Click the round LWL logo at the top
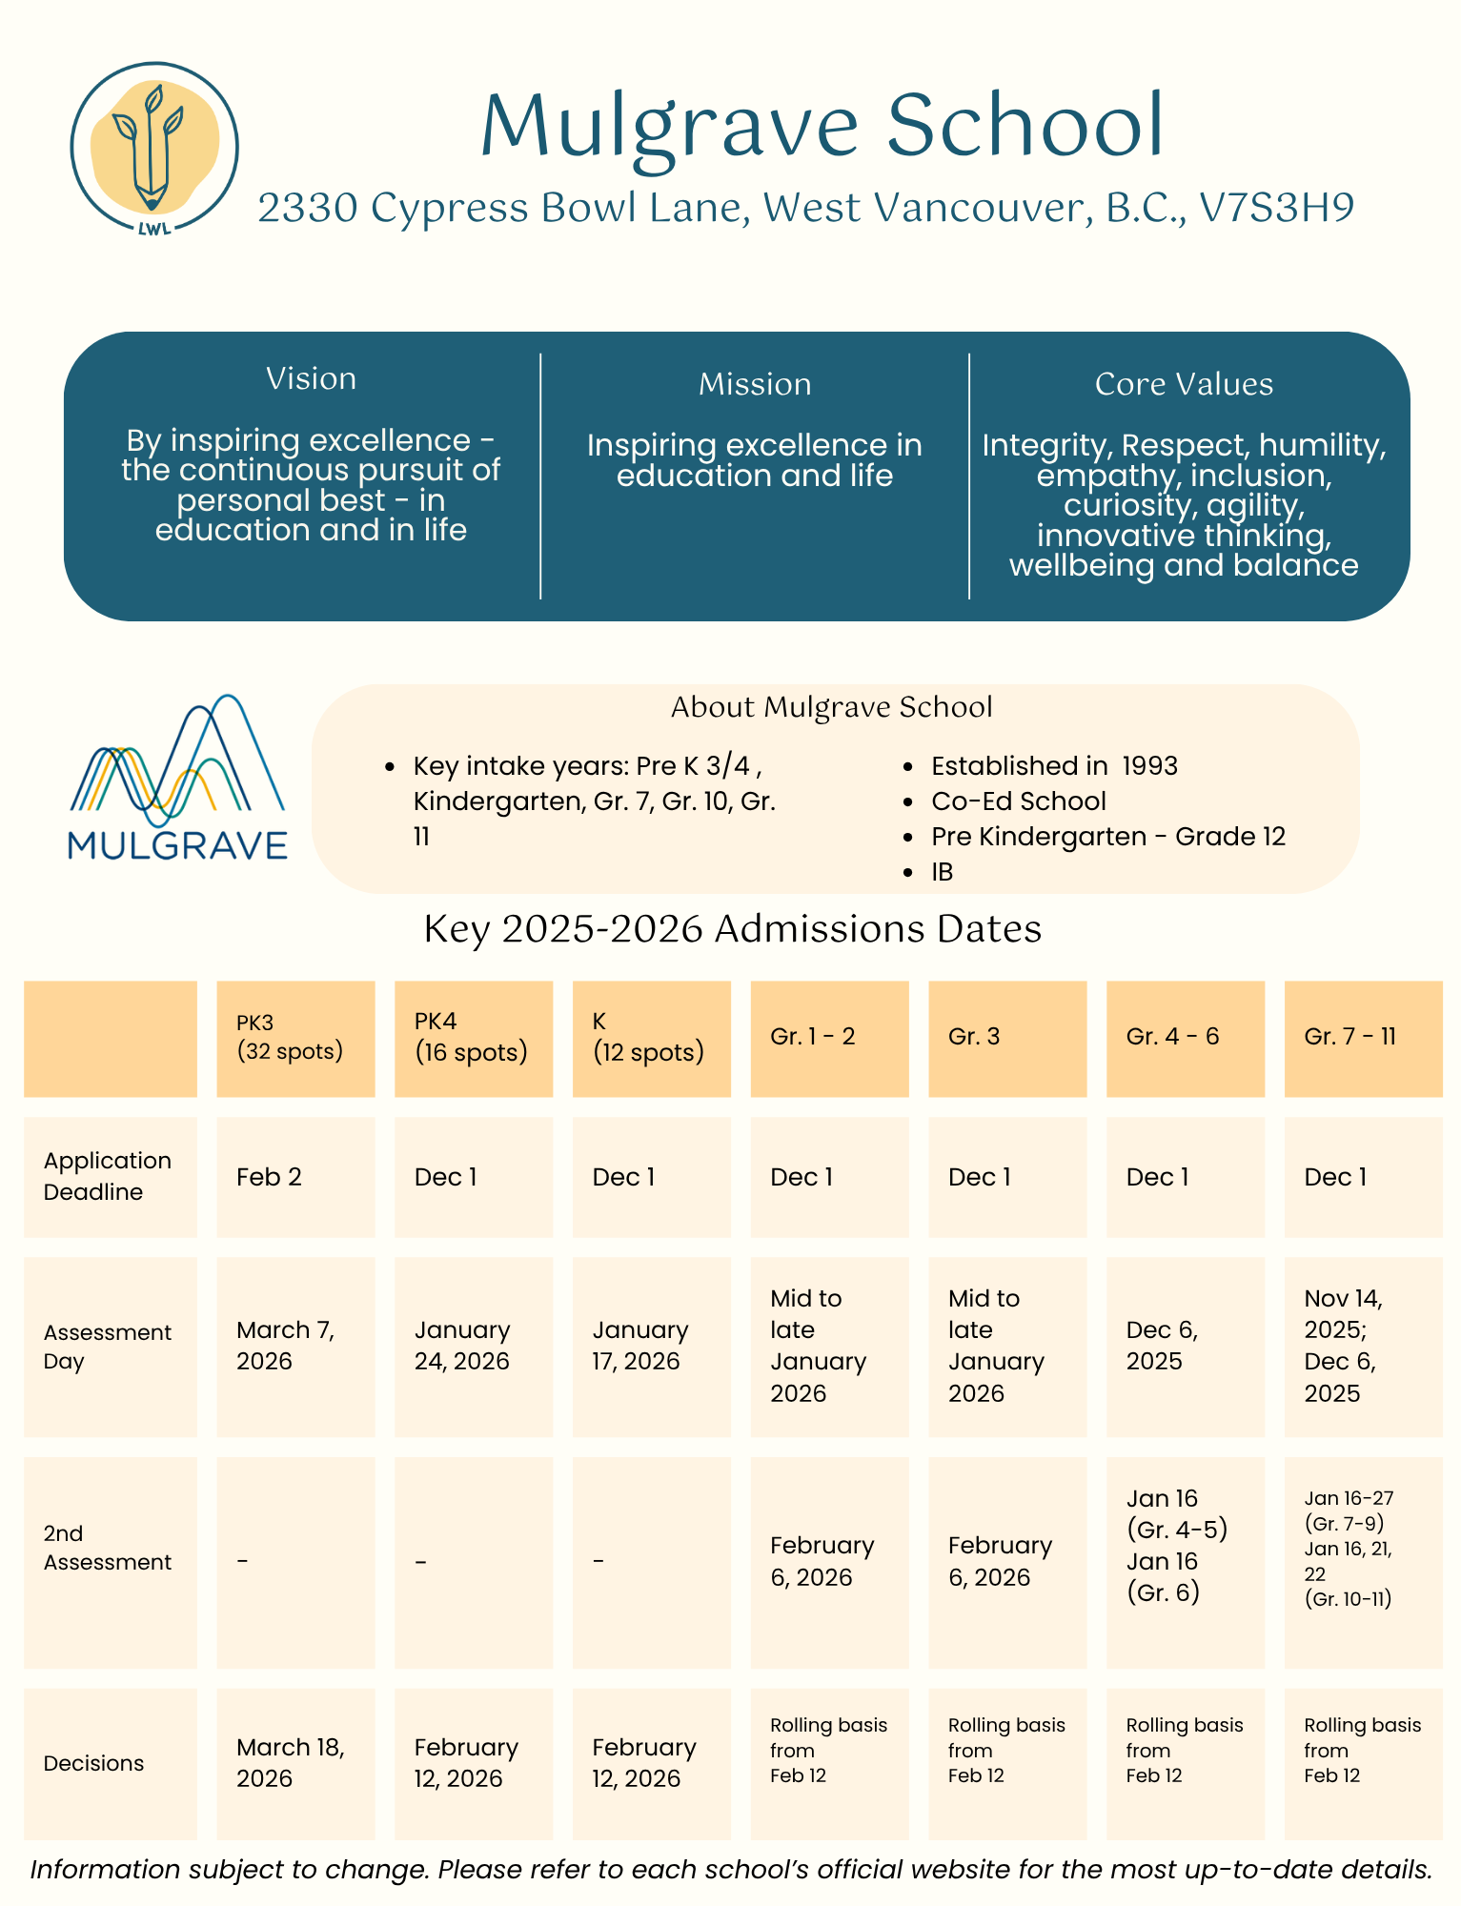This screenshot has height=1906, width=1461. (154, 148)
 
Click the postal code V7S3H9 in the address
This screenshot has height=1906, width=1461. (1276, 208)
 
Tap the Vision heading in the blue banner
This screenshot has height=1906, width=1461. (311, 379)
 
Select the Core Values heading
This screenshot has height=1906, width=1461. (1184, 384)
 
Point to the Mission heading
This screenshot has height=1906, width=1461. (755, 384)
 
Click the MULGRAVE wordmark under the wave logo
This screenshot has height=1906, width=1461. (178, 845)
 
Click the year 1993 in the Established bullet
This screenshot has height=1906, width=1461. (1149, 766)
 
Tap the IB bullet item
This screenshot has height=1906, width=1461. (942, 872)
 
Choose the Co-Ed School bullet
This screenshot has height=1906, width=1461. (1018, 801)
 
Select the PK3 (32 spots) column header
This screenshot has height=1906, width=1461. (290, 1037)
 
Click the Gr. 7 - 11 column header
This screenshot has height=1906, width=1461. (1349, 1037)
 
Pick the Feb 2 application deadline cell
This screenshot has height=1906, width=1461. (270, 1177)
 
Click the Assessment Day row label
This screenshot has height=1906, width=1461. (107, 1347)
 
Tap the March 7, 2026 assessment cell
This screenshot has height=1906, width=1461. (285, 1346)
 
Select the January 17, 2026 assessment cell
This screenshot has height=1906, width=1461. (639, 1346)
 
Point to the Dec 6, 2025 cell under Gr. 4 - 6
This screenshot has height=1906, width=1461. (1162, 1346)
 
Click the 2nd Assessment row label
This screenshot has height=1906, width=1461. (107, 1548)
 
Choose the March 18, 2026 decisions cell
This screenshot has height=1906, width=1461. (290, 1763)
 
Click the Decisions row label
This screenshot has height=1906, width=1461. (93, 1763)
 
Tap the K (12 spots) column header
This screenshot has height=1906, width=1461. (648, 1037)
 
